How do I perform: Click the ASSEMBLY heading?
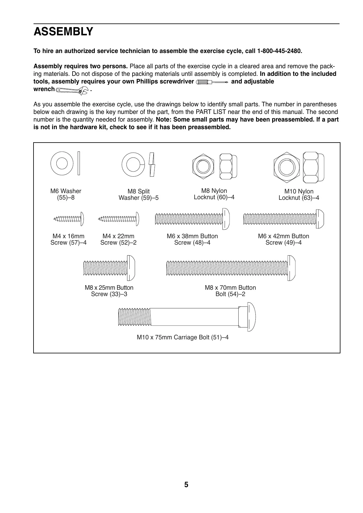point(63,32)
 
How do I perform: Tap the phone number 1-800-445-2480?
point(279,51)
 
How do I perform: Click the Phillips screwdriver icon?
point(212,82)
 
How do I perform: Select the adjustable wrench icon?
point(72,90)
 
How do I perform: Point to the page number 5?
point(186,485)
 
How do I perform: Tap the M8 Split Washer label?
point(138,194)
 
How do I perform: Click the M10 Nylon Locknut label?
point(299,194)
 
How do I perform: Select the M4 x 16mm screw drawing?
point(69,219)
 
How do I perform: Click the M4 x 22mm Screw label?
point(118,239)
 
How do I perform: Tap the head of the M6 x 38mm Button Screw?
point(226,219)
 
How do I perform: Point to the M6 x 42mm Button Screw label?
point(283,239)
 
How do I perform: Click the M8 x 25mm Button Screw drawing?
point(109,267)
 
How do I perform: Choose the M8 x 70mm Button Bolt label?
point(230,291)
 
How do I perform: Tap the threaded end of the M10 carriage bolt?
point(134,317)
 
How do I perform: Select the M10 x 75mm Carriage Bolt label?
point(183,337)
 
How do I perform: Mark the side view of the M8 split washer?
point(152,164)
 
